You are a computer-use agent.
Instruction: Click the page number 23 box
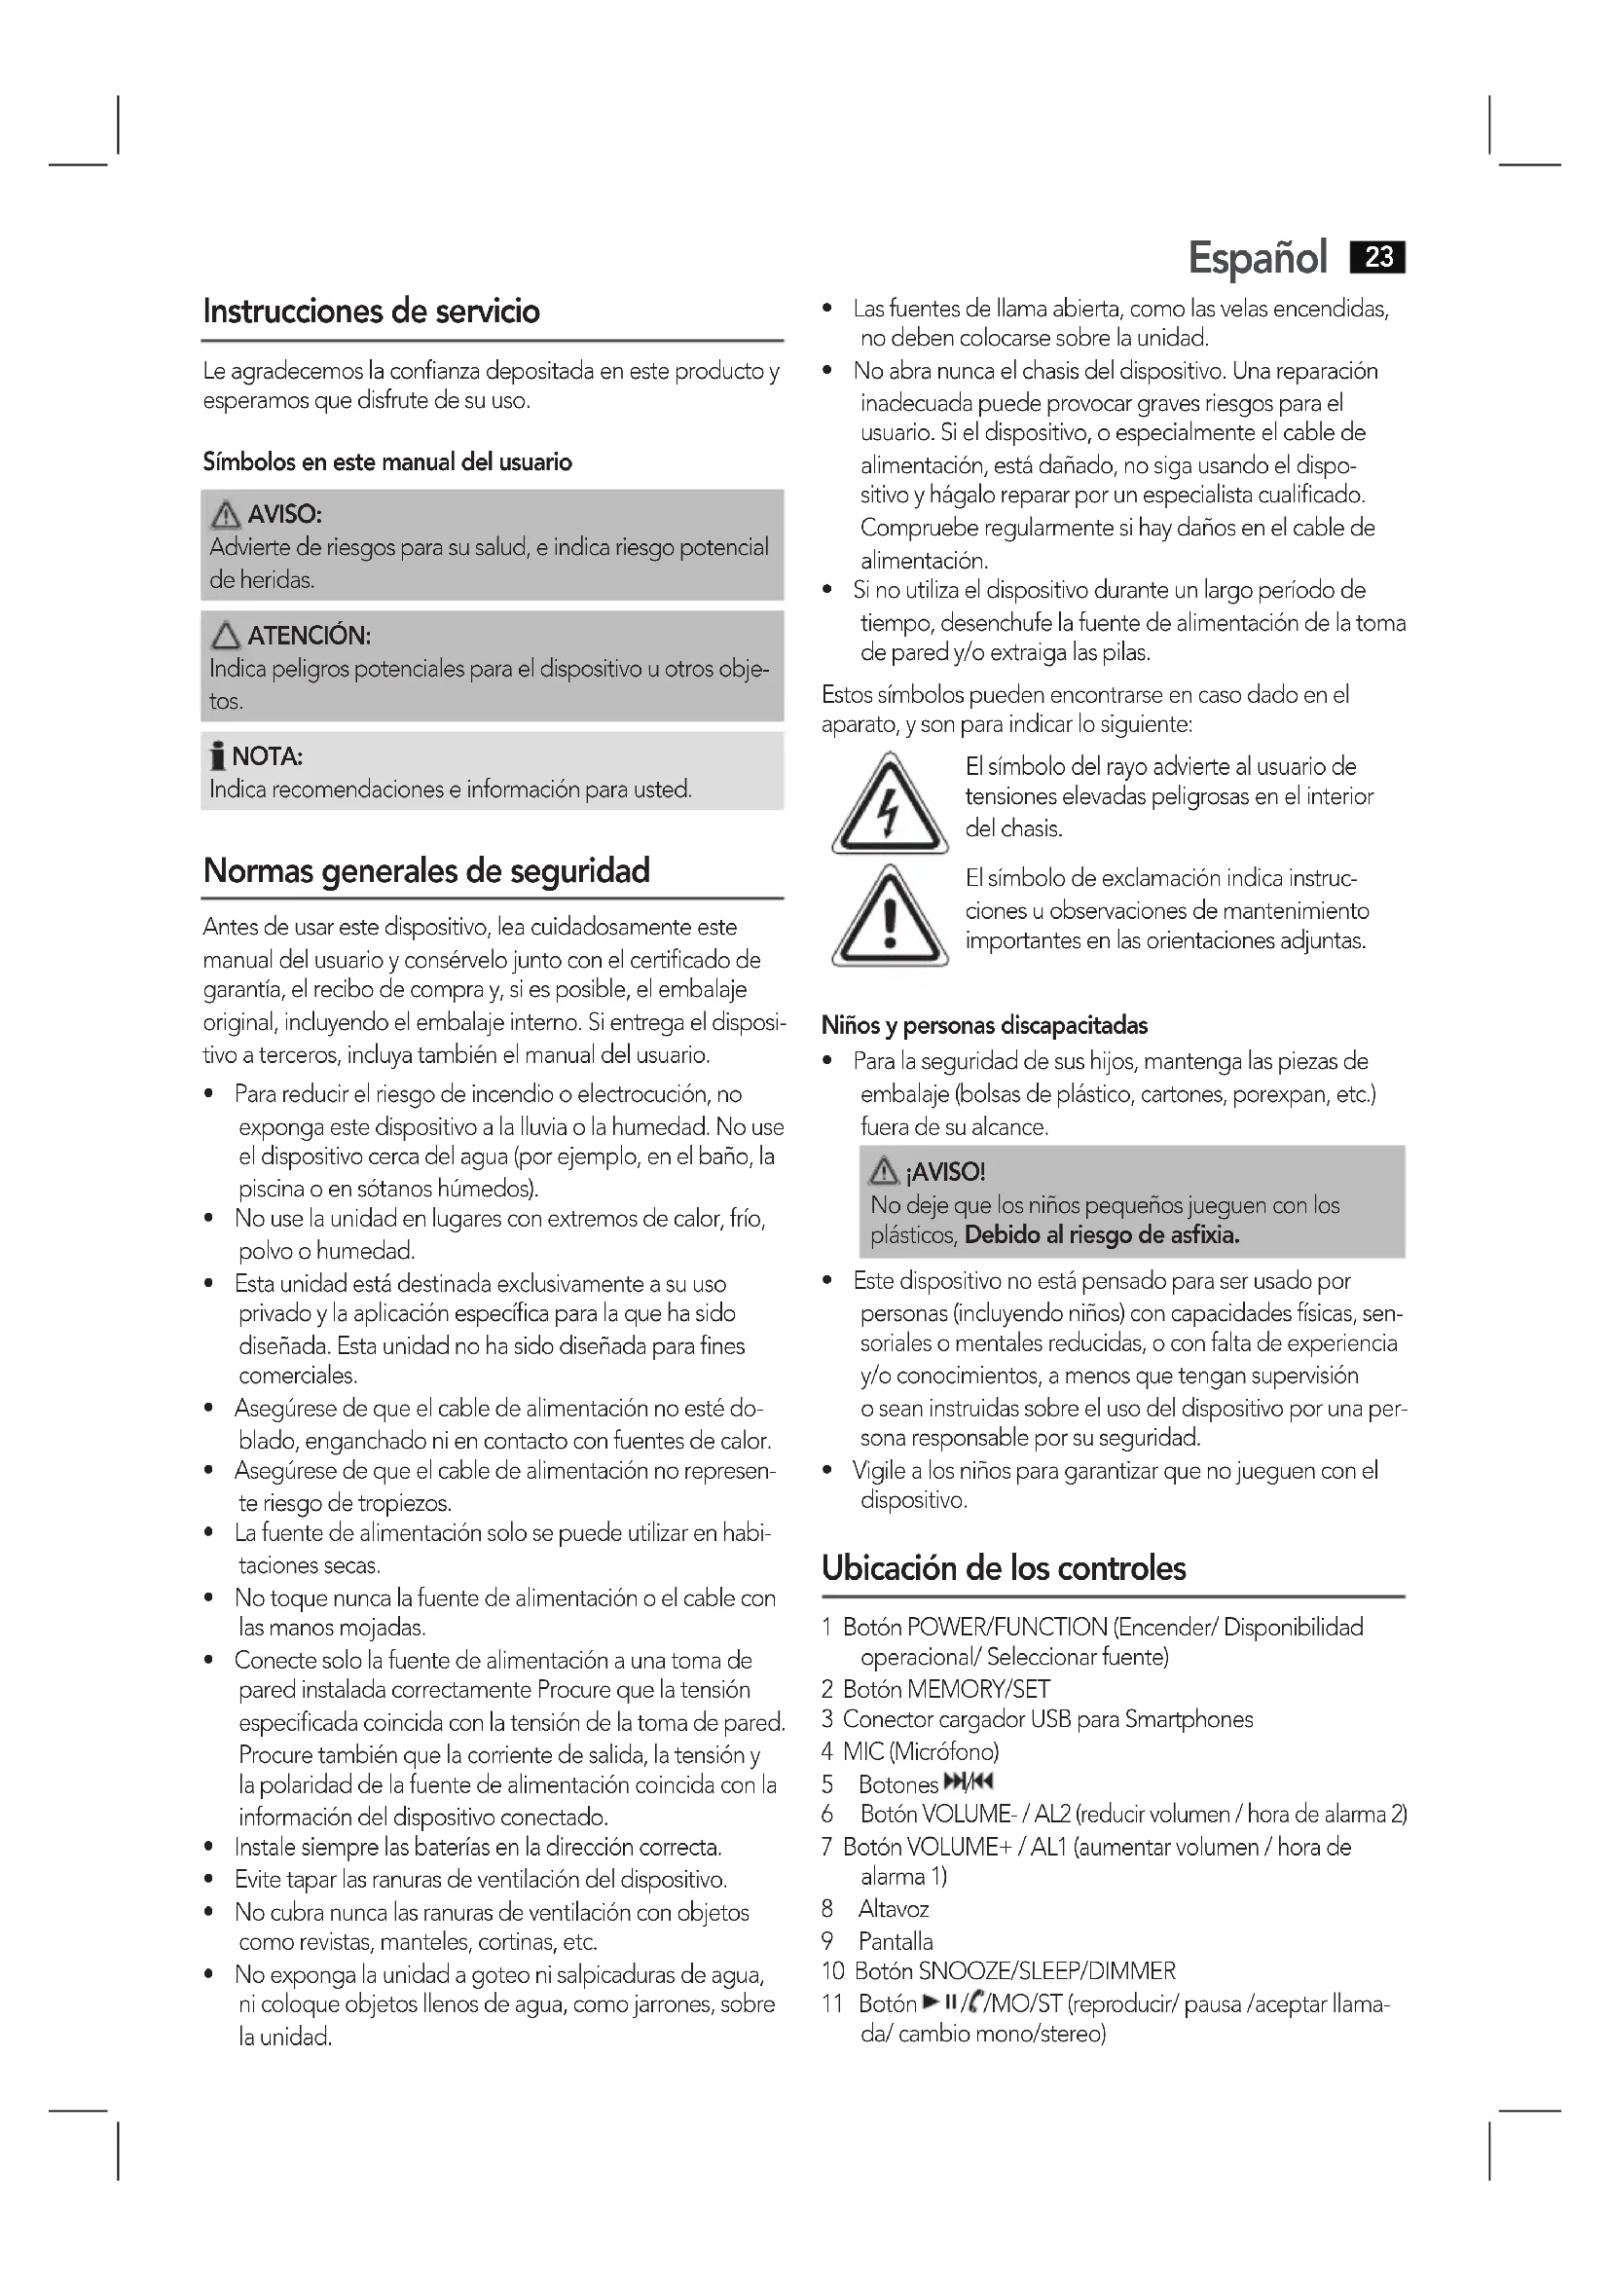pos(1378,258)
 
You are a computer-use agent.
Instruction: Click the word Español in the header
pos(1257,259)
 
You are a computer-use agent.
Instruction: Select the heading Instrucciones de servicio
pos(372,312)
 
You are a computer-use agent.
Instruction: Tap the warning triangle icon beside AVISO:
pos(226,515)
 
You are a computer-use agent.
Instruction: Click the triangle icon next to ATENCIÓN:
pos(226,636)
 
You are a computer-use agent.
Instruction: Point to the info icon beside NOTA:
pos(217,757)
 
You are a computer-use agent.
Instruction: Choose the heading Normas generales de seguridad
pos(426,870)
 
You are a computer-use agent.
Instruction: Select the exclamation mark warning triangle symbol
pos(890,918)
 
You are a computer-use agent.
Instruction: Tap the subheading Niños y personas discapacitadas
pos(984,1025)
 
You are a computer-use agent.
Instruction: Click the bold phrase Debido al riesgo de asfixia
pos(1102,1235)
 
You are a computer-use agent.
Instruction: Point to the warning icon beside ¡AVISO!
pos(882,1172)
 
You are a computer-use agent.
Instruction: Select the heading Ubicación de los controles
pos(1004,1568)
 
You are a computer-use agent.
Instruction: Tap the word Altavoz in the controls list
pos(894,1909)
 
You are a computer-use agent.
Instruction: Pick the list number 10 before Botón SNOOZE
pos(833,1971)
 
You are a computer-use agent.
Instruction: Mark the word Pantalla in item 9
pos(896,1941)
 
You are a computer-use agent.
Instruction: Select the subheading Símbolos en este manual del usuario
pos(387,462)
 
